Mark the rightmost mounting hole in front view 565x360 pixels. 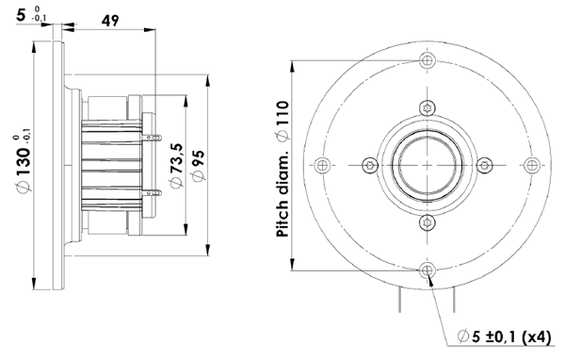534,165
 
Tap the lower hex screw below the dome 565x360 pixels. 428,223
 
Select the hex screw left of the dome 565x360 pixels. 369,165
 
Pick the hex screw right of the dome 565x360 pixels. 487,165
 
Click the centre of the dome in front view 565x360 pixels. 428,165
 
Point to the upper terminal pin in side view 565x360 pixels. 153,139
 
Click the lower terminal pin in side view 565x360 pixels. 153,193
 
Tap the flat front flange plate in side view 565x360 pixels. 62,165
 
